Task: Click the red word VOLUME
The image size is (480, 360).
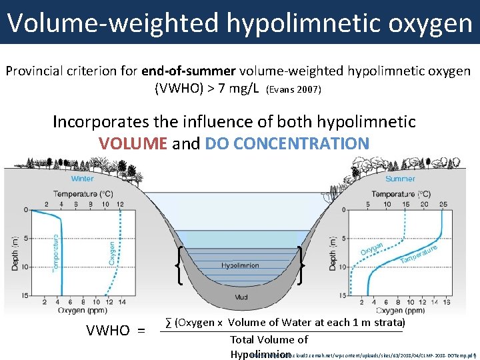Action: tap(133, 143)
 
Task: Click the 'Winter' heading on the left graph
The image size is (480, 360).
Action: tap(83, 179)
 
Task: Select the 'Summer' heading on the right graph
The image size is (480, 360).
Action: tap(400, 179)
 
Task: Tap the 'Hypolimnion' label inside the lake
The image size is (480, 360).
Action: tap(240, 265)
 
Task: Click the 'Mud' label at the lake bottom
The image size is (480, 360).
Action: tap(241, 297)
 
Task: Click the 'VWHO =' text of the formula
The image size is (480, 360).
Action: tap(115, 330)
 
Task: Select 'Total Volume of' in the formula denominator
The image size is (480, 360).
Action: tap(269, 340)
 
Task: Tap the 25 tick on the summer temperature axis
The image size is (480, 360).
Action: tap(444, 204)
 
